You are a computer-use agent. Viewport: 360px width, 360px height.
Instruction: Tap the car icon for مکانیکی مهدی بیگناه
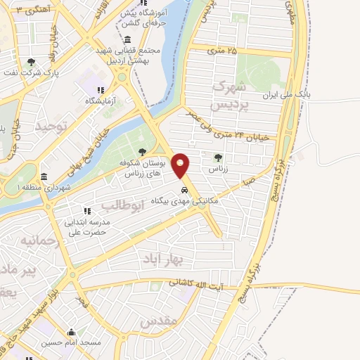[x=184, y=191]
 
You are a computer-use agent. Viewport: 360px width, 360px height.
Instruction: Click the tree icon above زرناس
[x=217, y=157]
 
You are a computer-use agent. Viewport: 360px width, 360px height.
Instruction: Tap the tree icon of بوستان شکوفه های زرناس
[x=142, y=152]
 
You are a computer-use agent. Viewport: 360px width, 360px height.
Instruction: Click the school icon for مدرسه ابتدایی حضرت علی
[x=86, y=211]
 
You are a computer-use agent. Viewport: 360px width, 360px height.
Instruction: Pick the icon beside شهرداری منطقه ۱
[x=45, y=176]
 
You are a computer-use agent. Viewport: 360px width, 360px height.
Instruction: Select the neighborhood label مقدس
[x=156, y=323]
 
